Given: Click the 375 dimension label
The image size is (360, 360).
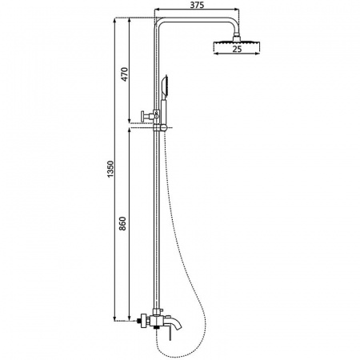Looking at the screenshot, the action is (198, 5).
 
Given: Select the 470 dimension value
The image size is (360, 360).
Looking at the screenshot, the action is (125, 74).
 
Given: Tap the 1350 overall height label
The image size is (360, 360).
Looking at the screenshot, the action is (110, 169).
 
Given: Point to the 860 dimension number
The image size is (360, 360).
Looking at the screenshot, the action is (122, 224).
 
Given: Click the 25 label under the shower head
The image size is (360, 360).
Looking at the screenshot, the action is (237, 49).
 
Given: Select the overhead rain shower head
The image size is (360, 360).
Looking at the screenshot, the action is (237, 42).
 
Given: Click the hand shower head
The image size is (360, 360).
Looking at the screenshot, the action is (164, 86).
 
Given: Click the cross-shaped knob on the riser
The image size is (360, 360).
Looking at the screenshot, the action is (146, 116).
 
